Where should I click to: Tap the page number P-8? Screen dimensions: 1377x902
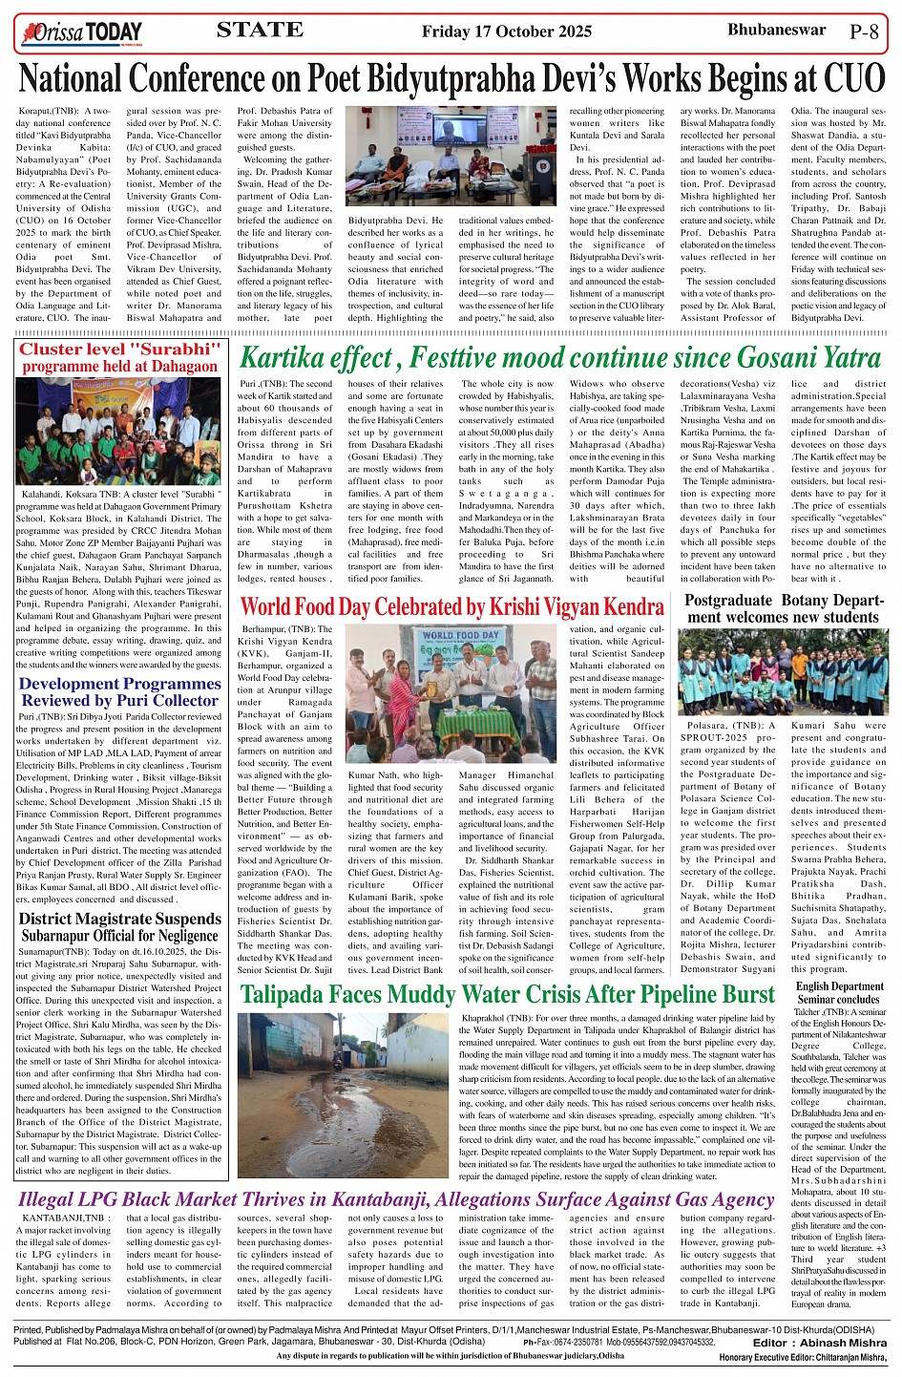863,32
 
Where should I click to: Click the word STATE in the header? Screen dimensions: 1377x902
260,31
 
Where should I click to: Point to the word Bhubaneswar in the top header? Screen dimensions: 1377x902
776,30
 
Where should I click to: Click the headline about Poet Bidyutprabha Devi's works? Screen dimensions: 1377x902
451,77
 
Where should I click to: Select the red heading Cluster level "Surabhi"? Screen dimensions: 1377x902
119,350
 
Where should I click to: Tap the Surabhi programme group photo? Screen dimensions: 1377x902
118,431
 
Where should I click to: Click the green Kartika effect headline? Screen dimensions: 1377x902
559,358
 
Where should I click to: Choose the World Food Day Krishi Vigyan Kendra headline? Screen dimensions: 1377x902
451,606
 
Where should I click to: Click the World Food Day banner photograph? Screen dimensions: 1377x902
450,693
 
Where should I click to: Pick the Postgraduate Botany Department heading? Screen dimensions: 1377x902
782,608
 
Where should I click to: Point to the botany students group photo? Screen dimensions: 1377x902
783,671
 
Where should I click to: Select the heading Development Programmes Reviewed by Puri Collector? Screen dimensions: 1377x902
119,691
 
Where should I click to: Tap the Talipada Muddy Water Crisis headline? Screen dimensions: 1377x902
507,994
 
